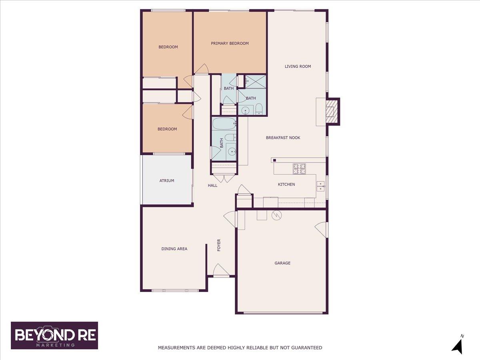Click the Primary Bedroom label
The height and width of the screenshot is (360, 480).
(x=230, y=44)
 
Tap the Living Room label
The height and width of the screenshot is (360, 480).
(x=298, y=66)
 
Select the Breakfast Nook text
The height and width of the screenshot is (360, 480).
(x=283, y=138)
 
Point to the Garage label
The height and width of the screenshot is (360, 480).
(x=282, y=263)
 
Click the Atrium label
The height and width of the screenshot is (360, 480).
(x=167, y=181)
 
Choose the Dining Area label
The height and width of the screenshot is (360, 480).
(x=174, y=249)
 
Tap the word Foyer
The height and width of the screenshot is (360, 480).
(x=219, y=245)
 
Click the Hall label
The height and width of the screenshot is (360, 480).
(x=212, y=186)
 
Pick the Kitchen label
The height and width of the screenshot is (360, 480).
(x=286, y=184)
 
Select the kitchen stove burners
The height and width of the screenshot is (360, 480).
(x=299, y=169)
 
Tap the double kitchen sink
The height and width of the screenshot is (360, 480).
(x=320, y=186)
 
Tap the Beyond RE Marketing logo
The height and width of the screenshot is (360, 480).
(x=54, y=336)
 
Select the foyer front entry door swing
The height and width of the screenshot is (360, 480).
(x=221, y=271)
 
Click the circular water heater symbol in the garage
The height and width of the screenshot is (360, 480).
(x=276, y=216)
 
